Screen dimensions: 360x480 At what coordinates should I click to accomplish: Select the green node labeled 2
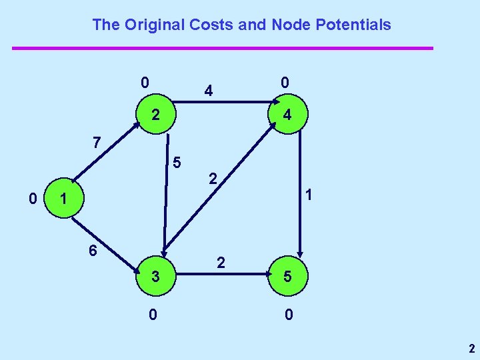155,115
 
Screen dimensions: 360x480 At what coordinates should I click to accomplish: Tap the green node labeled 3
155,275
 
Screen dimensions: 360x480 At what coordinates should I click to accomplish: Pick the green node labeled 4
287,115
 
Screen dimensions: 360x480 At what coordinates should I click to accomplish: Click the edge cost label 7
97,142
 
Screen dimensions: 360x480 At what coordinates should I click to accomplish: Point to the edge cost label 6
94,251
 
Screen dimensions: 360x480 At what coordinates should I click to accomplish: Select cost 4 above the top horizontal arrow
209,90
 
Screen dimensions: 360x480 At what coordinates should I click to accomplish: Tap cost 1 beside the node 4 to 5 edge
309,195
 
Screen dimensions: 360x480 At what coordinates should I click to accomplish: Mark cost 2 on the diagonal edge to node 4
212,179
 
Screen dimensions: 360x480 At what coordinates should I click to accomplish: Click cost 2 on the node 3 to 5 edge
221,263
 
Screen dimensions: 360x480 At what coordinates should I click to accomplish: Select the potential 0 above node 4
284,83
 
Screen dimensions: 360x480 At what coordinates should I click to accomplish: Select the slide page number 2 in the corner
471,348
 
